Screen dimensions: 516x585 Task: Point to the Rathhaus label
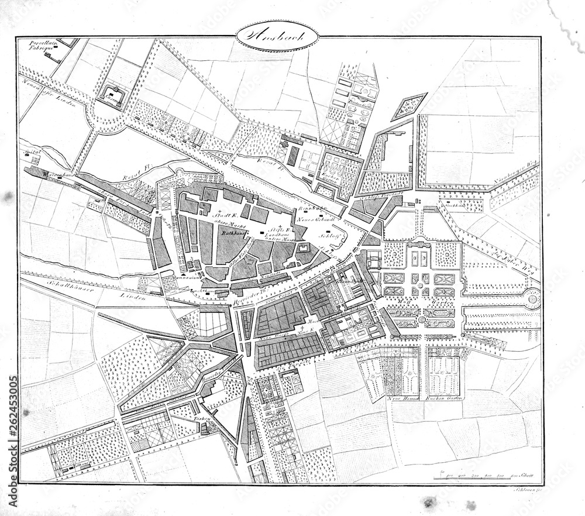233,232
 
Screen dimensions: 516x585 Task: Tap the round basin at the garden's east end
532,300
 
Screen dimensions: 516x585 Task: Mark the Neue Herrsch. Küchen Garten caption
425,398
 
